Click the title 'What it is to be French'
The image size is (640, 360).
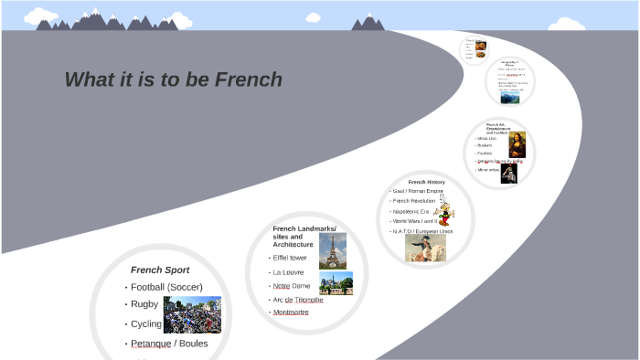[x=174, y=80]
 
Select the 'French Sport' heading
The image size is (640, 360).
[x=160, y=270]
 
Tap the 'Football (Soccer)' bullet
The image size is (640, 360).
[x=166, y=287]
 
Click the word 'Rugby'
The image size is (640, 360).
[x=144, y=304]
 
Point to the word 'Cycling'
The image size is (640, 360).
[x=146, y=324]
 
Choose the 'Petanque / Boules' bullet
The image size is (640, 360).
[x=169, y=344]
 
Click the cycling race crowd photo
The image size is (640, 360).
[x=192, y=314]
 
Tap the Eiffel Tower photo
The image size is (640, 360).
[x=333, y=249]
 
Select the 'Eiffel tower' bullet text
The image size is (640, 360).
[x=290, y=258]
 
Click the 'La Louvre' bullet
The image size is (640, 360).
[x=288, y=272]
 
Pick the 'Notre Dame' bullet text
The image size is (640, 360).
[x=292, y=286]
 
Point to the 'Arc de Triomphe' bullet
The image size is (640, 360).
[x=297, y=300]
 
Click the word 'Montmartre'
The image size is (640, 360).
[x=291, y=312]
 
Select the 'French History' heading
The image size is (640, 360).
[x=426, y=182]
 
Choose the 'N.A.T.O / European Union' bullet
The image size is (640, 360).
[x=422, y=231]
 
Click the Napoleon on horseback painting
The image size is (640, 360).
[x=426, y=248]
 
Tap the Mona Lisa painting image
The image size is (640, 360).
[x=517, y=144]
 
